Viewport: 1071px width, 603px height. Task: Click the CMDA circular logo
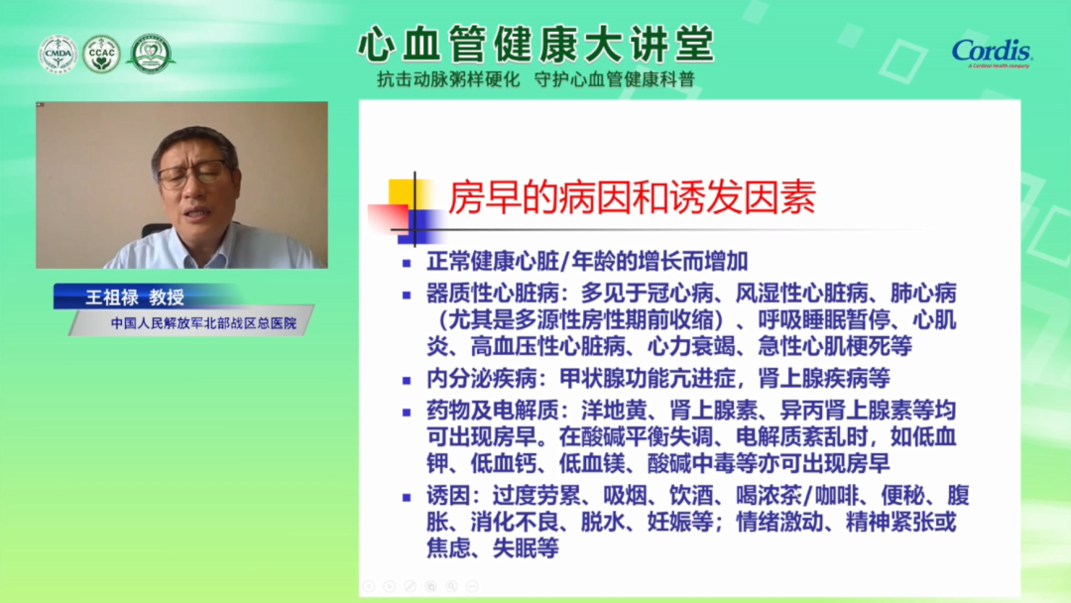pyautogui.click(x=58, y=54)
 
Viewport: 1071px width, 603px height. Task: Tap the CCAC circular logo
pyautogui.click(x=101, y=54)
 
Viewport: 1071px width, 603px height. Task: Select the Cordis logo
pyautogui.click(x=993, y=53)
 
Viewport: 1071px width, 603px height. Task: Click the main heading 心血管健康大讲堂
pyautogui.click(x=536, y=45)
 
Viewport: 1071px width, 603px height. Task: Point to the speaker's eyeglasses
pyautogui.click(x=192, y=175)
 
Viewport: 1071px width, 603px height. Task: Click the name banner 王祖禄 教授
pyautogui.click(x=135, y=298)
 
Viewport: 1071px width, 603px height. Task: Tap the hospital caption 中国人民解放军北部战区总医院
pyautogui.click(x=203, y=323)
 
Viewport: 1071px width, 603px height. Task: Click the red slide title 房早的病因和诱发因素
pyautogui.click(x=632, y=197)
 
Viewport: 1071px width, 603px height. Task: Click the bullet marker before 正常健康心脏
pyautogui.click(x=408, y=263)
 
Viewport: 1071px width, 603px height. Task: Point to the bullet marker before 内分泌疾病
pyautogui.click(x=408, y=381)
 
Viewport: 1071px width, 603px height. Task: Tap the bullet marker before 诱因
pyautogui.click(x=408, y=498)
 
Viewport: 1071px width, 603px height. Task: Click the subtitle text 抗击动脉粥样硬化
pyautogui.click(x=448, y=80)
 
